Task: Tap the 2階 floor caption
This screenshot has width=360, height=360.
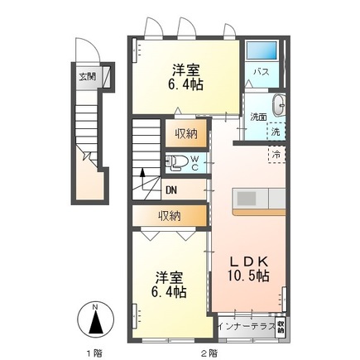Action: pyautogui.click(x=209, y=351)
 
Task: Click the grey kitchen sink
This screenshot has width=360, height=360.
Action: pyautogui.click(x=247, y=199)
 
